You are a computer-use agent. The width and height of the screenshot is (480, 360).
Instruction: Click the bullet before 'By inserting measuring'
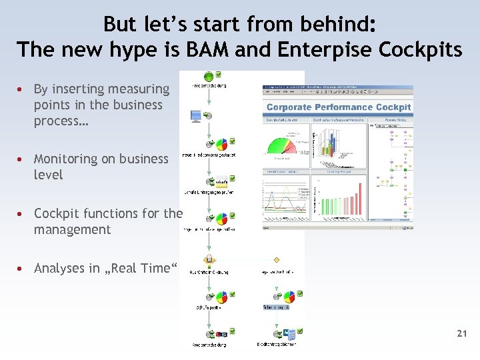click(x=22, y=89)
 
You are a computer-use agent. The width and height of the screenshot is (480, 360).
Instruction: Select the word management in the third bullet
click(x=72, y=229)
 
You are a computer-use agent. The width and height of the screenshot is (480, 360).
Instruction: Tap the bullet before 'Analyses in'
click(x=22, y=268)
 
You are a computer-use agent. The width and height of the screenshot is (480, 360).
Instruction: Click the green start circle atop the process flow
click(x=209, y=76)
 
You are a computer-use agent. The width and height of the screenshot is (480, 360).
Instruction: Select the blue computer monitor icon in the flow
click(x=196, y=116)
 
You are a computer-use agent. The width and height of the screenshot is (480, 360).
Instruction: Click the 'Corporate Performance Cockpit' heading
click(x=339, y=107)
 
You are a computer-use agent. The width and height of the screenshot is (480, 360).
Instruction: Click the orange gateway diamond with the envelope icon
click(x=209, y=258)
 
